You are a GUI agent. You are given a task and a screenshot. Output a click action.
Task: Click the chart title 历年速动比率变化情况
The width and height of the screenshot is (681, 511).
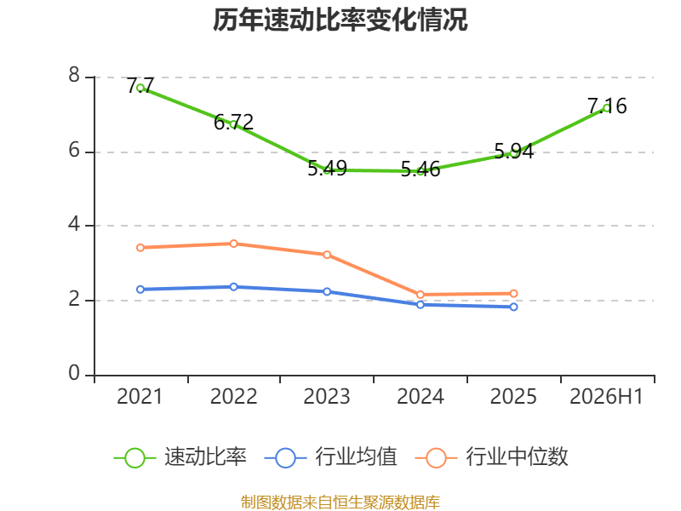coord(340,20)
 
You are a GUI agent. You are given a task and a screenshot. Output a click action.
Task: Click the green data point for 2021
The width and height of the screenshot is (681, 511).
coord(140,88)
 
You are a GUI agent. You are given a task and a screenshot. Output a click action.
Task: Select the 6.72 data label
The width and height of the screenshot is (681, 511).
coord(233,123)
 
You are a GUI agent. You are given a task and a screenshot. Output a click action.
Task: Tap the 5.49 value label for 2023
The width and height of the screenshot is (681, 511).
coord(327,169)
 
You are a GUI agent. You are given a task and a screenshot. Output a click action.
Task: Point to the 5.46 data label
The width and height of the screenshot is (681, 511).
coord(421,169)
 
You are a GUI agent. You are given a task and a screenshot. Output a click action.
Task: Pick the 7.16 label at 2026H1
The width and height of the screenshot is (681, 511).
coord(607,106)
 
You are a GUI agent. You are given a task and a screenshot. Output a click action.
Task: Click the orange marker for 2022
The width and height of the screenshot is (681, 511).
coord(233,244)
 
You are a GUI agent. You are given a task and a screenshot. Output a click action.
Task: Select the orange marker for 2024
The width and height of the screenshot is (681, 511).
coord(421,295)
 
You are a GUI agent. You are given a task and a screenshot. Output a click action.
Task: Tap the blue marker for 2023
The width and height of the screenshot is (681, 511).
coord(327,291)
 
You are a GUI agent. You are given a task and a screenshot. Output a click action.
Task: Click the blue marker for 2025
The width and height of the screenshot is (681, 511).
coord(514,307)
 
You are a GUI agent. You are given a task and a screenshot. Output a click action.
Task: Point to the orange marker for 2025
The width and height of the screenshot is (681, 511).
coord(514,294)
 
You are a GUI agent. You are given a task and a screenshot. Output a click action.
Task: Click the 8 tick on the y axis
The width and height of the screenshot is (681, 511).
coord(74,76)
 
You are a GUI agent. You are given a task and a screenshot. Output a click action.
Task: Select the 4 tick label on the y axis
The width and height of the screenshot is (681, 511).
coord(74,225)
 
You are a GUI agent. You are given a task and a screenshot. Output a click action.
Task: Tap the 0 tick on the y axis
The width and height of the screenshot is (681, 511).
coord(74,373)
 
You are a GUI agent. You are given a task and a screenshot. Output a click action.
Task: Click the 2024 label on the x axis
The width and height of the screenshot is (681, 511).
coord(421,396)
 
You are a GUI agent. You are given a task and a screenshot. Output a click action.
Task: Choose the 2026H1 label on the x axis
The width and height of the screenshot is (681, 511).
coord(606,396)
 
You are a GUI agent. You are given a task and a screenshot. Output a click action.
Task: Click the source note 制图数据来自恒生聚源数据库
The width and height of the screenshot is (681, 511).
coord(340,502)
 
